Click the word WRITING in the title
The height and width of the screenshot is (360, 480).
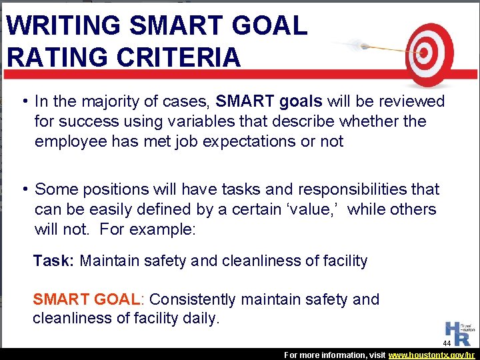click(x=63, y=25)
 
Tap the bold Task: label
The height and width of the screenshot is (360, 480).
click(x=54, y=261)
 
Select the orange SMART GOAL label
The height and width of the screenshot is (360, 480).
click(x=85, y=299)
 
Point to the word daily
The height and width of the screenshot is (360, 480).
click(x=201, y=318)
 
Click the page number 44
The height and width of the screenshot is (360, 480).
click(x=447, y=343)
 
